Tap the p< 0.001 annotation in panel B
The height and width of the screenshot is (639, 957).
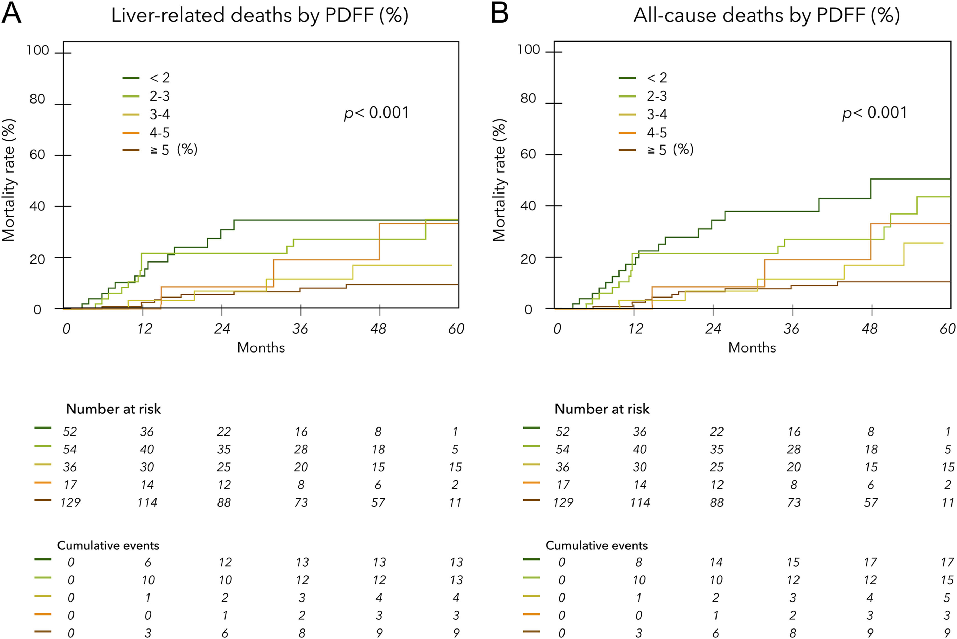click(875, 113)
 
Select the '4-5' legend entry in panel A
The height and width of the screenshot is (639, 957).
click(159, 132)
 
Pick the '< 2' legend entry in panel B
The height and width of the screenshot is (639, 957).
click(656, 77)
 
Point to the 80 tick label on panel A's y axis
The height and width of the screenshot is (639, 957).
click(37, 99)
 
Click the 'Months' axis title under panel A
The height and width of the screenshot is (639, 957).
click(261, 348)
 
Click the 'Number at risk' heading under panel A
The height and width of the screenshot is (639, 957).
click(113, 409)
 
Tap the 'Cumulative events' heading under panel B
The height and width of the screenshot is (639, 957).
click(596, 545)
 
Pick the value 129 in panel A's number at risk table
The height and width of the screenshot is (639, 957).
click(70, 502)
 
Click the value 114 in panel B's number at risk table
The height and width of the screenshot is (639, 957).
click(639, 502)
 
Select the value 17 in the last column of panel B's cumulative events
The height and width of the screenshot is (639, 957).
click(947, 562)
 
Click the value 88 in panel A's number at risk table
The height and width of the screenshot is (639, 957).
click(224, 502)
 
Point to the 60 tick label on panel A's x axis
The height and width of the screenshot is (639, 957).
click(456, 329)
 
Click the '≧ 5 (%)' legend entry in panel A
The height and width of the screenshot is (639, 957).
click(173, 150)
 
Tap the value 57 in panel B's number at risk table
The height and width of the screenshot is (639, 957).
click(871, 502)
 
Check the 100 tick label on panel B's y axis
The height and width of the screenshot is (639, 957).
click(529, 50)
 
